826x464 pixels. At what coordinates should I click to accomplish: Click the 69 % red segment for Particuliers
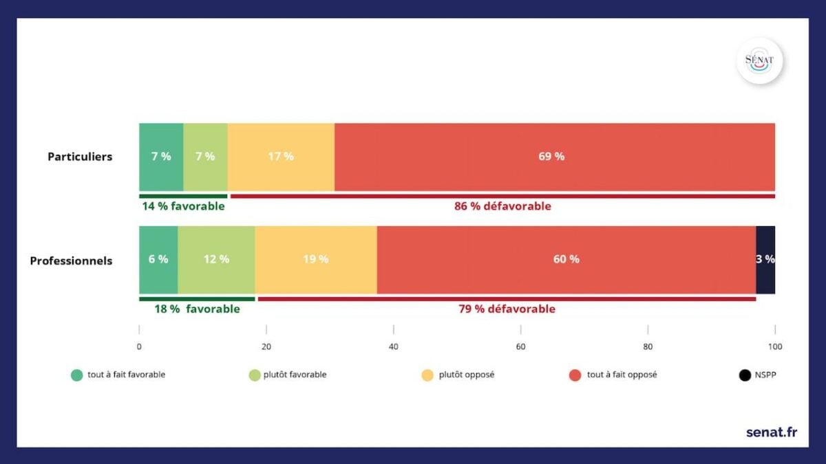point(555,157)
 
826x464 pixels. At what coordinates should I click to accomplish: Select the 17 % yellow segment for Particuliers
point(281,157)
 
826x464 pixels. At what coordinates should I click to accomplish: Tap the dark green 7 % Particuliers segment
point(161,157)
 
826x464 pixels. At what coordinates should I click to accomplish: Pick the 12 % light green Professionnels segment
point(216,260)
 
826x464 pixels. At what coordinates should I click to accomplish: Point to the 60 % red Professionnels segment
point(566,260)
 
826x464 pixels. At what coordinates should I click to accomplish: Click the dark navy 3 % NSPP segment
point(765,260)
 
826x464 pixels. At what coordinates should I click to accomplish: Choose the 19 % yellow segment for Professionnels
point(316,260)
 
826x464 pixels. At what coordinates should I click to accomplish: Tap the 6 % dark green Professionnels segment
point(158,260)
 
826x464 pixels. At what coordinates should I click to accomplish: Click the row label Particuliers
point(80,157)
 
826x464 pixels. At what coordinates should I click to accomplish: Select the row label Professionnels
point(71,261)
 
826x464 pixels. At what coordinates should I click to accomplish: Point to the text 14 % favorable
point(183,206)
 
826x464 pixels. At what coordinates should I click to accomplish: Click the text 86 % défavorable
point(502,206)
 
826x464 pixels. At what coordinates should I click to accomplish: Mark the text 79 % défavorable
point(507,309)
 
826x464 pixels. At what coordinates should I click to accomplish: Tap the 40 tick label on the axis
point(394,347)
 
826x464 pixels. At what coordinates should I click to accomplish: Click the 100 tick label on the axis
point(775,347)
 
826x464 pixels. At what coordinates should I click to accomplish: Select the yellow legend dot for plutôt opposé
point(427,375)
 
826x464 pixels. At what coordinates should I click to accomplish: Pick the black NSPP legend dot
point(744,375)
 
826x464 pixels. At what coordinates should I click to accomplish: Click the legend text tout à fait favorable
point(126,375)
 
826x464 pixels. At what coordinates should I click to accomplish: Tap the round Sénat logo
point(759,60)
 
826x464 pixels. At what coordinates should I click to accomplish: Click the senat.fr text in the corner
point(772,432)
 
